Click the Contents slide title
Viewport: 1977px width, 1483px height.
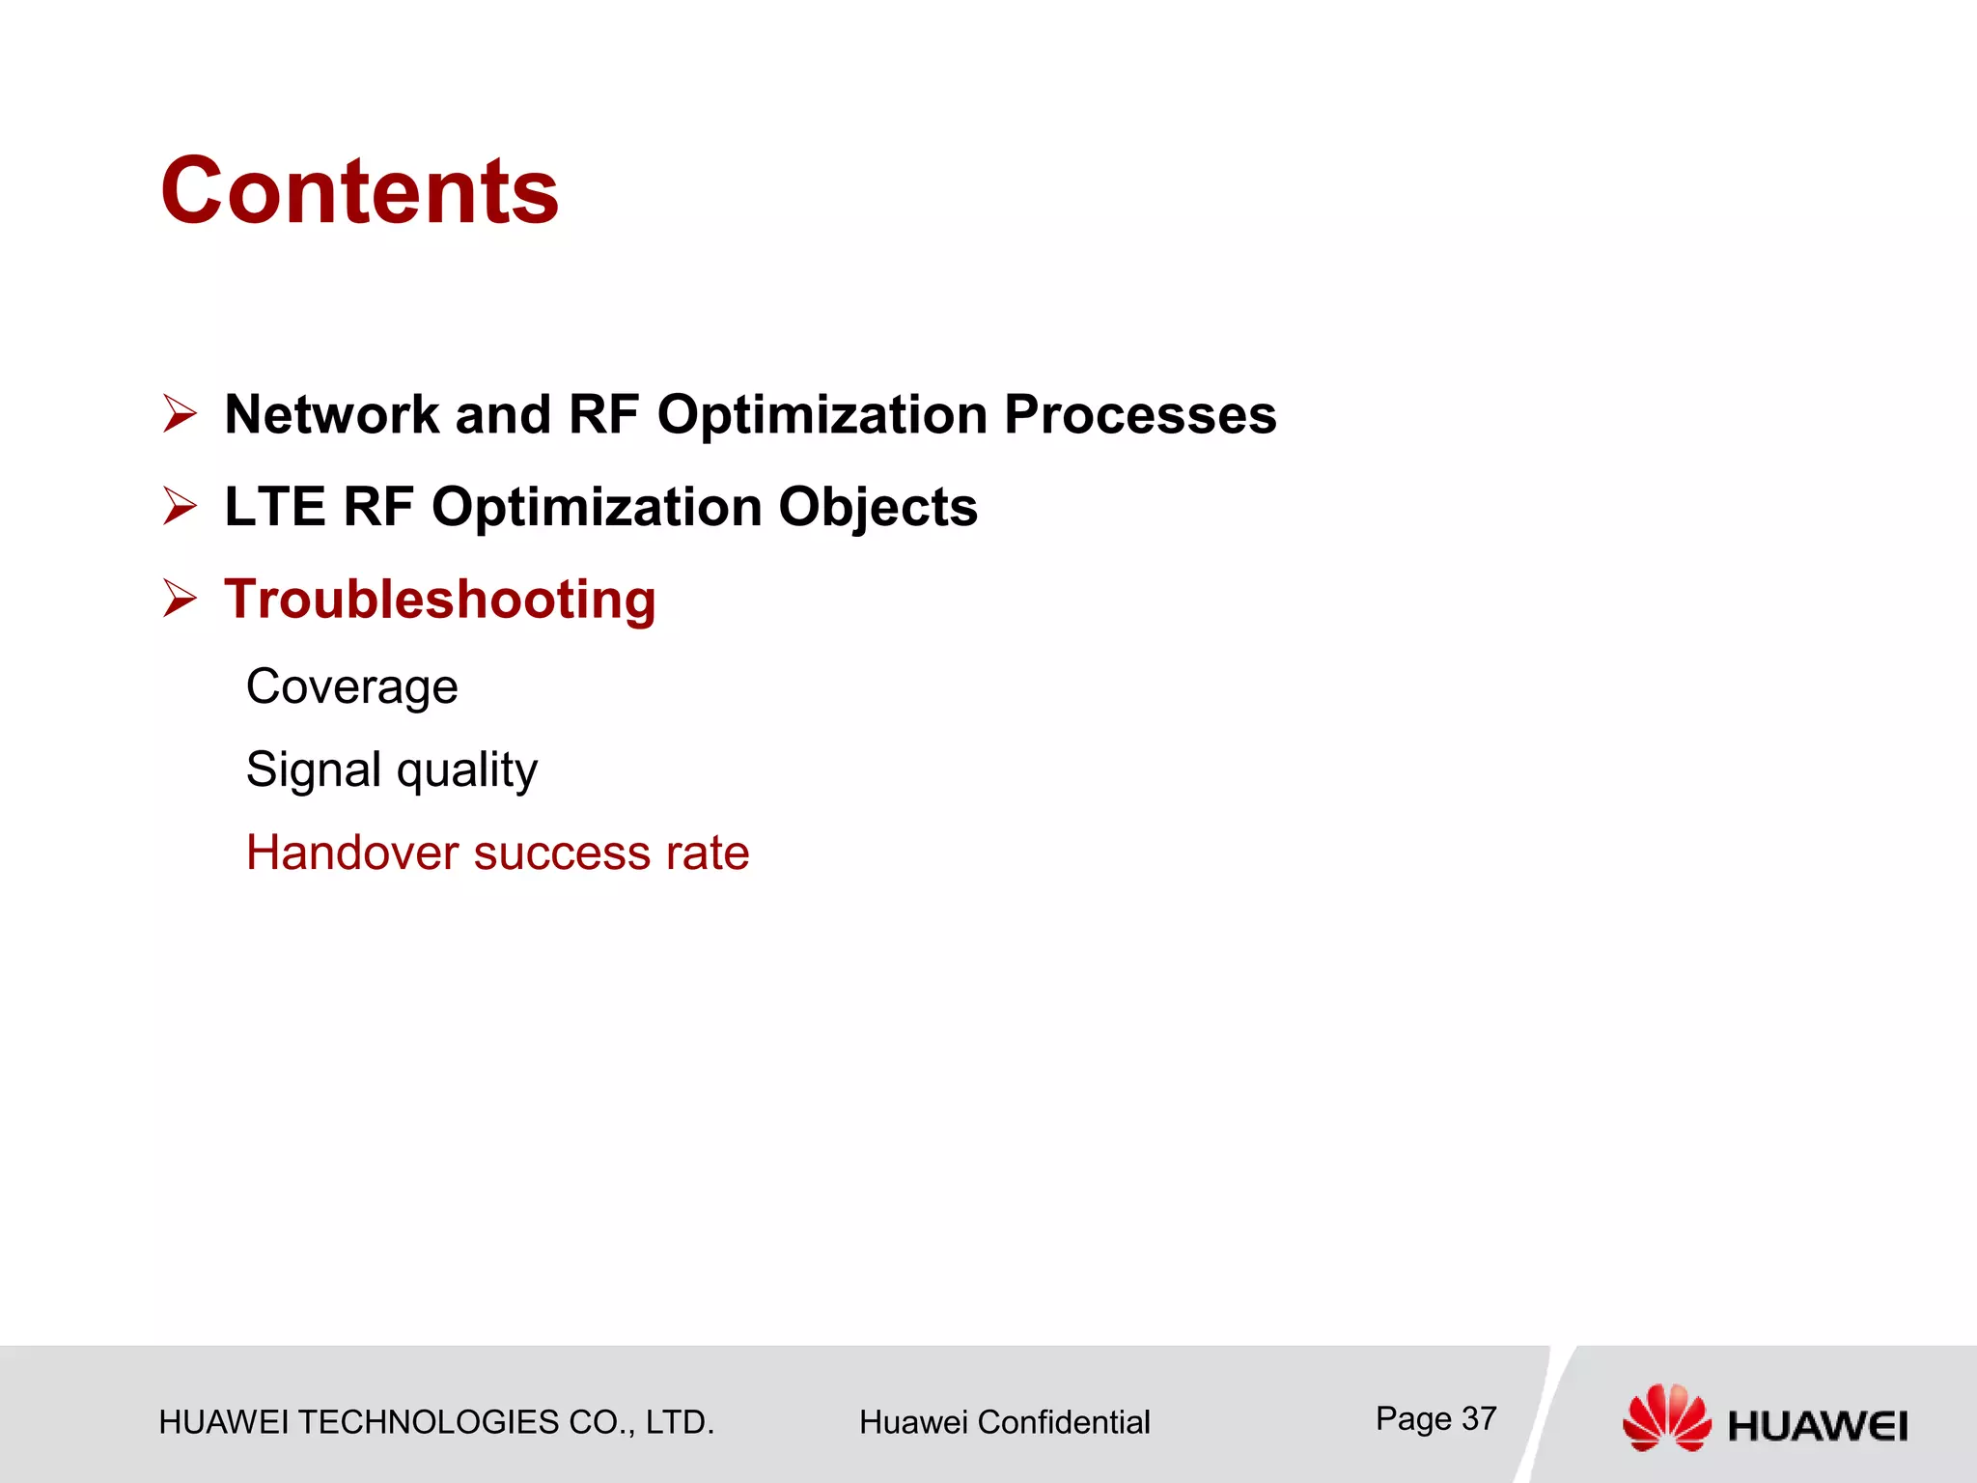[359, 191]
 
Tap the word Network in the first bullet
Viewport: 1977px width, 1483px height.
[332, 415]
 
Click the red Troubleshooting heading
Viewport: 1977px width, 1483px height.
[440, 601]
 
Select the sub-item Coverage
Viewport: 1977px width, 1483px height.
[351, 687]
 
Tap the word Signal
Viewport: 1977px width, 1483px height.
[314, 770]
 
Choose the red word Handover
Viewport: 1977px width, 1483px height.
[352, 853]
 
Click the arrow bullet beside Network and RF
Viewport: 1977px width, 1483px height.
[180, 414]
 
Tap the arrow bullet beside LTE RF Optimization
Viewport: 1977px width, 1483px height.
[180, 506]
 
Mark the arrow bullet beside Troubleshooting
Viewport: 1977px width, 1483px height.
[180, 599]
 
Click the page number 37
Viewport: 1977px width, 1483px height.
[1478, 1418]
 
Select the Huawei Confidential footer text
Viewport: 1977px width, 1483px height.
[1004, 1422]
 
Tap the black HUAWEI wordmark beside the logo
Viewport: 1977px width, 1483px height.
[1817, 1426]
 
